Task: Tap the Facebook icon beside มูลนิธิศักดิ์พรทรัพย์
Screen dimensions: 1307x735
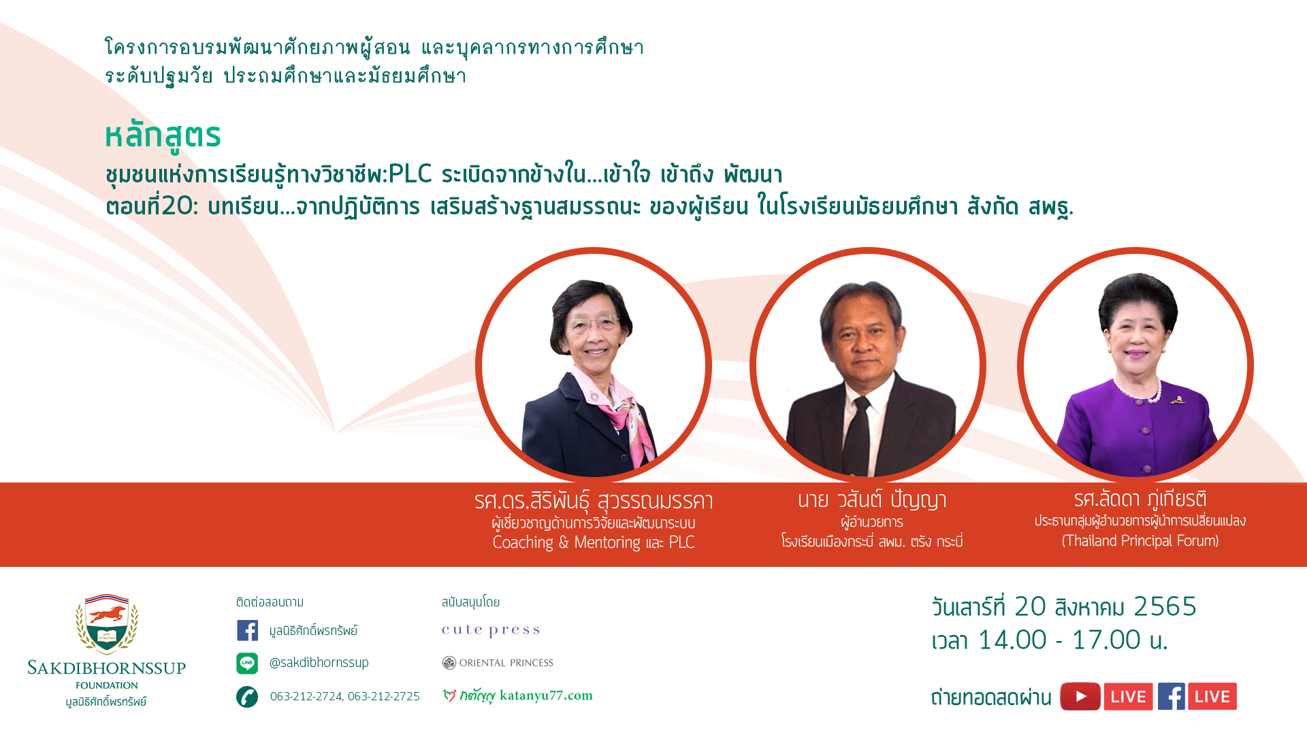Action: point(247,630)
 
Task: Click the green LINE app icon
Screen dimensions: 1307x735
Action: point(247,663)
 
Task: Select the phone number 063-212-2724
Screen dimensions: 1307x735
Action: point(306,696)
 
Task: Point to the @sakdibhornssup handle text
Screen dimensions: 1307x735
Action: point(319,662)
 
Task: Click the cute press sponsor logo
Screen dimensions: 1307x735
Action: point(491,630)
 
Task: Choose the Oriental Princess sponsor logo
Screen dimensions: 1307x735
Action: point(498,663)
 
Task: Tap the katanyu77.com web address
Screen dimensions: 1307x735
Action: point(546,695)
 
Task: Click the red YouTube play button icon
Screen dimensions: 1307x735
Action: point(1080,696)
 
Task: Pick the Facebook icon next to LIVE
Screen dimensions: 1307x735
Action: point(1172,696)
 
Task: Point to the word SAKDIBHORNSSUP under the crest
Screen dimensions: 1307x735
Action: point(107,668)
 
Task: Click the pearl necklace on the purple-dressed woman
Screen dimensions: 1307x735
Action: point(1137,391)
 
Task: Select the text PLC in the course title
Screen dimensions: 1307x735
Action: point(410,174)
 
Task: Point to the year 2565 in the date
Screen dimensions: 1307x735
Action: point(1165,606)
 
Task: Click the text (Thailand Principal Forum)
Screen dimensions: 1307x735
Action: point(1140,541)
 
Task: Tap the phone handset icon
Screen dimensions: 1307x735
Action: point(247,697)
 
